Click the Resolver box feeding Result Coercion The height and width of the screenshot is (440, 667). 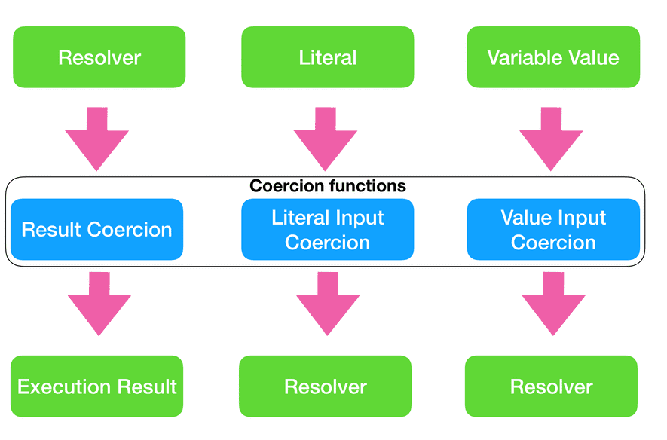(99, 57)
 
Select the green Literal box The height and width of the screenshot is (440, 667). (327, 57)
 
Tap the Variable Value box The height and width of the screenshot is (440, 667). (553, 57)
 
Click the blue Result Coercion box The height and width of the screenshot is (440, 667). (97, 230)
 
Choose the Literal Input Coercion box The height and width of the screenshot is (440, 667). (327, 230)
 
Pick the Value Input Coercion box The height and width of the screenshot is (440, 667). (553, 230)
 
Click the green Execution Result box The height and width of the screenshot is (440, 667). (97, 387)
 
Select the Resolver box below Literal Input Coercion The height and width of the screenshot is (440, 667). (325, 387)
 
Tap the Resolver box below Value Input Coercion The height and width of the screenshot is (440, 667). (551, 387)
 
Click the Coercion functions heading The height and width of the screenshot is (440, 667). (327, 185)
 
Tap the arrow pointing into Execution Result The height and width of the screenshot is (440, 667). (99, 303)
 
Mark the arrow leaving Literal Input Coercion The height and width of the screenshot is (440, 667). (327, 303)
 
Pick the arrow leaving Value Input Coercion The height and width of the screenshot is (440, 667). (553, 303)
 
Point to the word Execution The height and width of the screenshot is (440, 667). (63, 387)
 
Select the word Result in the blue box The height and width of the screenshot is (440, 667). (48, 230)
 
